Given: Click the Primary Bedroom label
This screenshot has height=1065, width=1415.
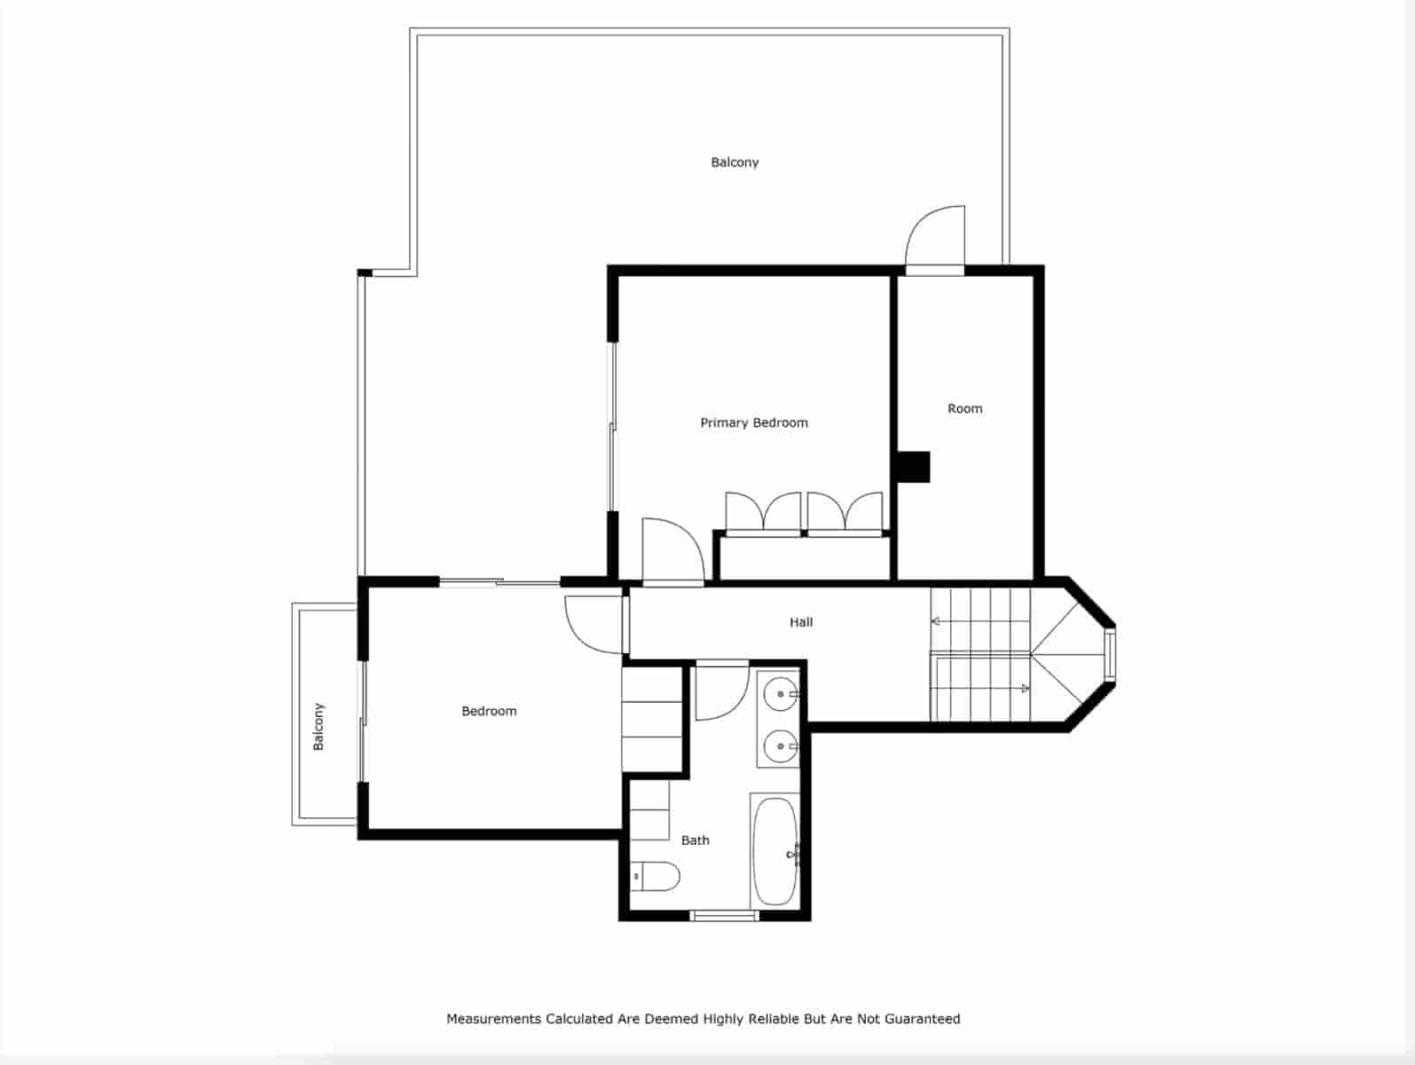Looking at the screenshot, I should tap(754, 423).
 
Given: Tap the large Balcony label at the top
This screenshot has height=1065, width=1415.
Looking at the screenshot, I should tap(735, 162).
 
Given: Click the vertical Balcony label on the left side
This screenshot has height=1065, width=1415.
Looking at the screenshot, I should tap(318, 727).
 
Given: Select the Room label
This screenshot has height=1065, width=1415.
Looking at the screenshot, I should tap(964, 409).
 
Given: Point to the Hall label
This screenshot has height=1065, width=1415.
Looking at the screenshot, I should tap(801, 623).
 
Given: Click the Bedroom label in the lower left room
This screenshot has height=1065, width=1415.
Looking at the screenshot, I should tap(489, 712).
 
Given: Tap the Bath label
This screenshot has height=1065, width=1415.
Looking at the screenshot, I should tap(695, 840).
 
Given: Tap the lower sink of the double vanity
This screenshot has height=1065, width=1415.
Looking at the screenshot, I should tap(781, 745).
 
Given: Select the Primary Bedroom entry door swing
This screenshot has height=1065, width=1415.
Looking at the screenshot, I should tap(672, 552).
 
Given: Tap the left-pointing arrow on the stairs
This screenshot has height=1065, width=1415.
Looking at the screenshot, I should tap(937, 621).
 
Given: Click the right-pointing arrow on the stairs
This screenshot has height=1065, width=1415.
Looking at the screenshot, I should tap(1024, 688).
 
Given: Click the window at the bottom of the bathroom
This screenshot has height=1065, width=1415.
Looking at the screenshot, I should tap(724, 915).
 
